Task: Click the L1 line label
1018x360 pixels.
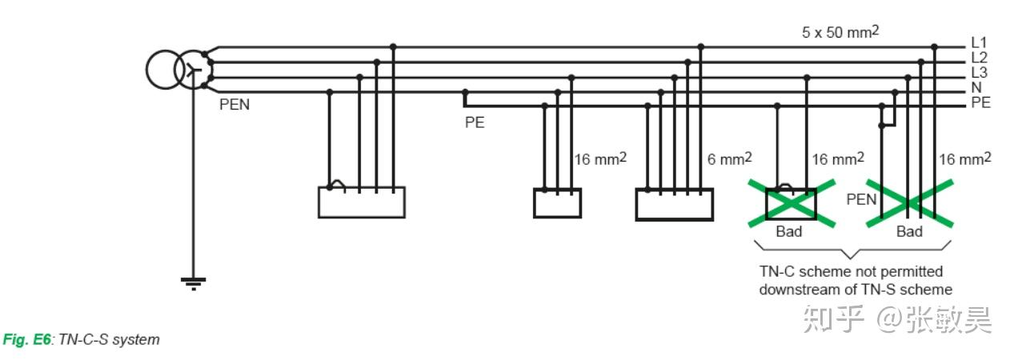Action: [979, 42]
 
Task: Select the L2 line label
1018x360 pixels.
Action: [979, 58]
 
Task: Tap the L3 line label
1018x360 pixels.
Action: [979, 73]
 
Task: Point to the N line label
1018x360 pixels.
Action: [976, 87]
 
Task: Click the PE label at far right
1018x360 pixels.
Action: [980, 102]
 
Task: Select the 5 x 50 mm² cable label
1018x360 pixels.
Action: [840, 33]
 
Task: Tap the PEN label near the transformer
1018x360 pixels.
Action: [234, 105]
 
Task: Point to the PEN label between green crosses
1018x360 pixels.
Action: [861, 199]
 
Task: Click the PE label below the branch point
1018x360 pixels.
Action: [475, 123]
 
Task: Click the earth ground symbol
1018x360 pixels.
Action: [192, 282]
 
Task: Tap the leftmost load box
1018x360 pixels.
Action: [361, 202]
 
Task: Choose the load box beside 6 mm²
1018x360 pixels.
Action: [674, 203]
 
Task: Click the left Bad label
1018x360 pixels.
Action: [789, 232]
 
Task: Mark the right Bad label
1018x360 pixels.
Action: [909, 232]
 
